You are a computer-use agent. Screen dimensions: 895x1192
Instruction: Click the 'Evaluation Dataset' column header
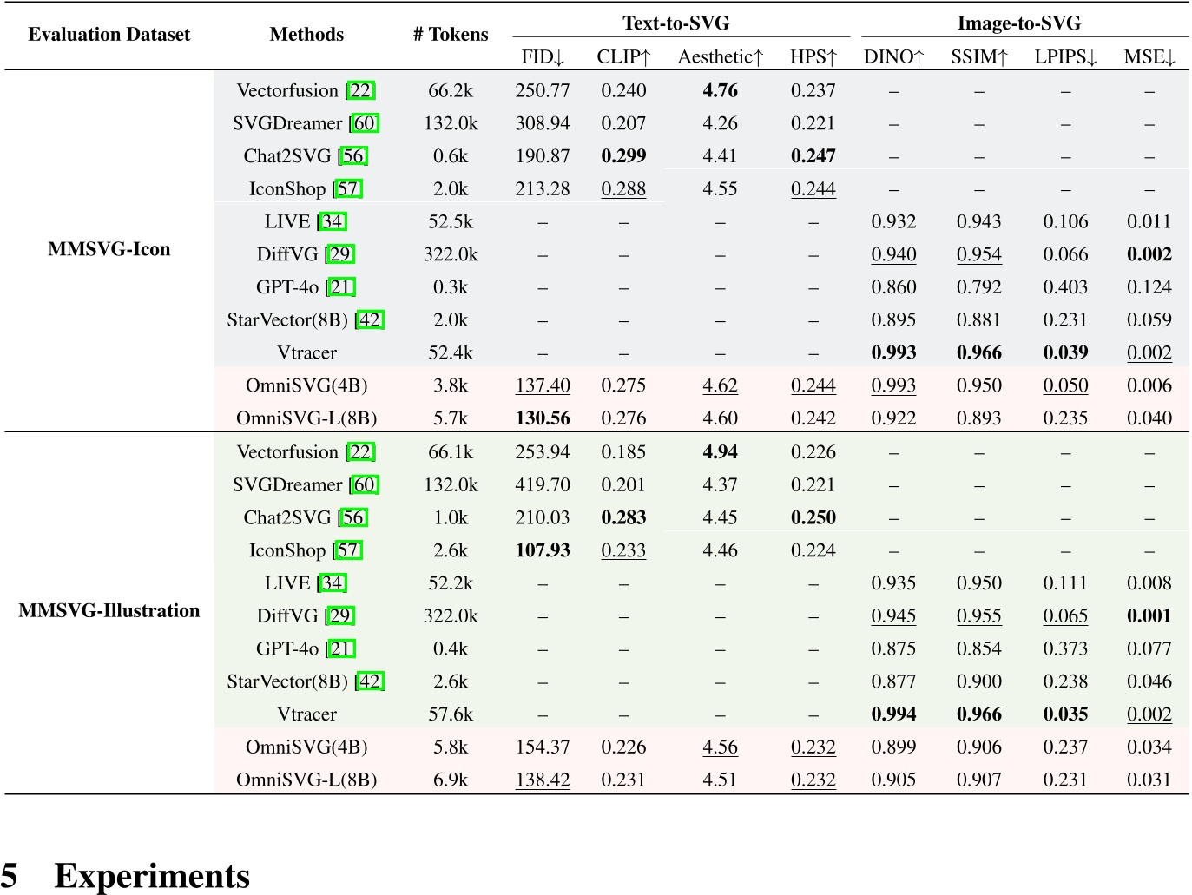tap(109, 35)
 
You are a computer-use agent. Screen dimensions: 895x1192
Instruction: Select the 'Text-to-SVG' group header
tap(675, 23)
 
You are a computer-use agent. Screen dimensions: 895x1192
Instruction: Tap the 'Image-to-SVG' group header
tap(1018, 23)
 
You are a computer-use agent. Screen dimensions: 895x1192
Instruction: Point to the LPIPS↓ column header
tap(1065, 57)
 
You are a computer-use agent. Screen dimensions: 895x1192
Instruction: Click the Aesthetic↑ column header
tap(720, 57)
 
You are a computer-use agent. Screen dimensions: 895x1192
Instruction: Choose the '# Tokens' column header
tap(450, 35)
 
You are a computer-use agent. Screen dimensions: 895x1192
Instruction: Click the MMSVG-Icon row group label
tap(109, 250)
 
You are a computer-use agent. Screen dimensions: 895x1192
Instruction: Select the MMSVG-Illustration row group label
tap(109, 611)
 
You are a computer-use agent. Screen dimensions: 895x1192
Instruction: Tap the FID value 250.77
tap(542, 91)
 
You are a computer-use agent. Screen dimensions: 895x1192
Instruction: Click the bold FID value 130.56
tap(542, 418)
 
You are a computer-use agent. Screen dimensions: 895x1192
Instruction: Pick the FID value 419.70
tap(542, 485)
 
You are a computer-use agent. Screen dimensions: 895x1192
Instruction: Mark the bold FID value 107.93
tap(542, 550)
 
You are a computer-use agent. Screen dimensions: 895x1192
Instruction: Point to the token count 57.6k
tap(450, 714)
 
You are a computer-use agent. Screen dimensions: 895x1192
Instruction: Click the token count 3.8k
tap(450, 385)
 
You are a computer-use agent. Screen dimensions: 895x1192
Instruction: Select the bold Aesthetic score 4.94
tap(720, 452)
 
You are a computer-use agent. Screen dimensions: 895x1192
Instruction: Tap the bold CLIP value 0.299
tap(623, 156)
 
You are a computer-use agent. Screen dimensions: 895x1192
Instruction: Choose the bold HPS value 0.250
tap(813, 517)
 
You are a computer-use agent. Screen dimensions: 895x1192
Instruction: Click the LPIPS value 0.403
tap(1065, 287)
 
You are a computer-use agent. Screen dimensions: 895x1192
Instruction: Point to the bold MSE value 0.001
tap(1149, 616)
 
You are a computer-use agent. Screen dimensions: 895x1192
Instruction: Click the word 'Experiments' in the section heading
tap(152, 876)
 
